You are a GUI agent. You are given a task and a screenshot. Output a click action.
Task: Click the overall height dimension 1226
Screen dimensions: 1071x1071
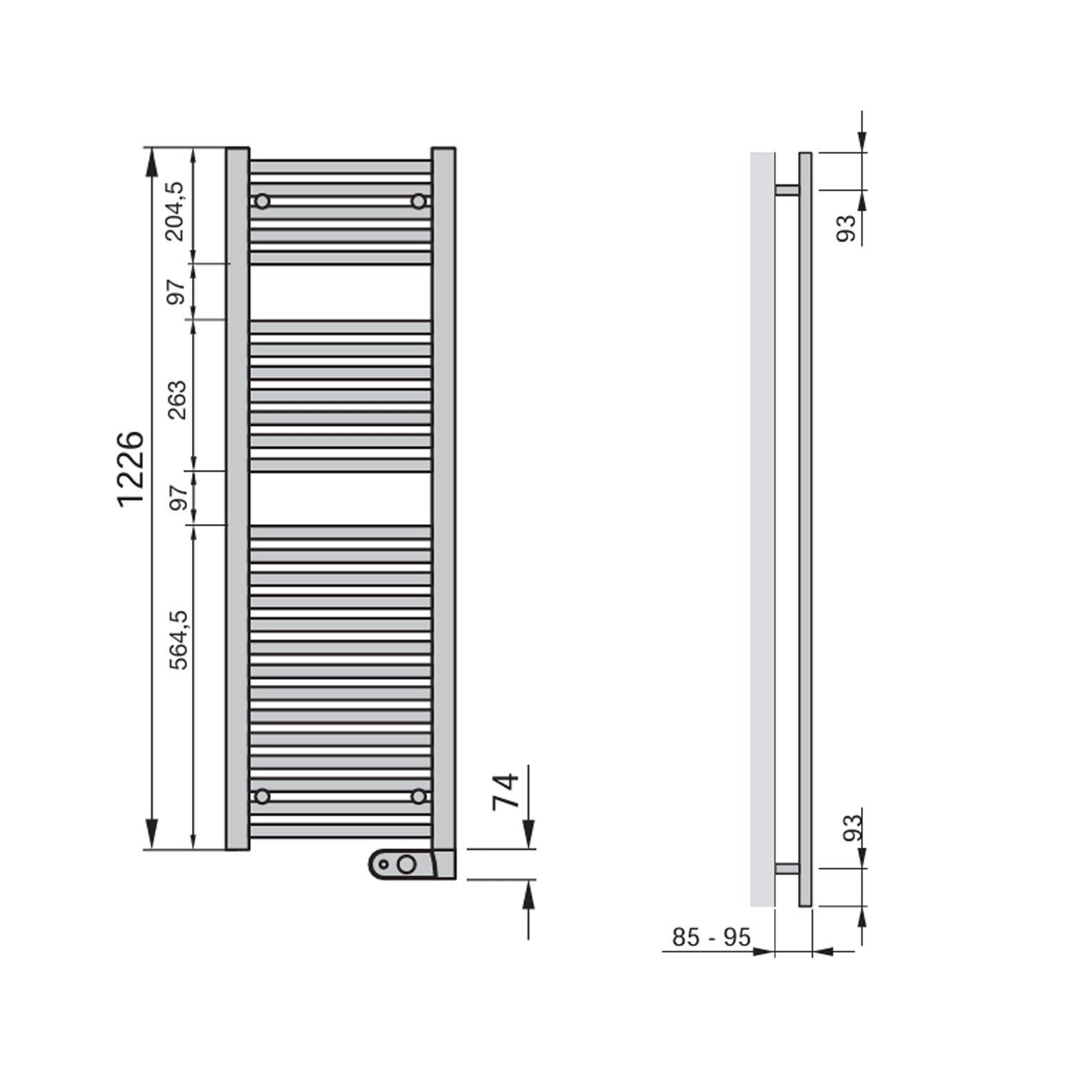131,470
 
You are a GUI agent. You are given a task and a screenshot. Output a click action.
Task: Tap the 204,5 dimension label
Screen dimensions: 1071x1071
175,211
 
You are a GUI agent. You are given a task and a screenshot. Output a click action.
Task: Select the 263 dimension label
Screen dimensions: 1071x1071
176,400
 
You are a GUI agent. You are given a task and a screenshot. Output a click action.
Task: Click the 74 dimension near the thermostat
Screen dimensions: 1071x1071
506,791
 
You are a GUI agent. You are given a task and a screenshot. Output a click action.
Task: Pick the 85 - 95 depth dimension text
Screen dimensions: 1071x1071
711,937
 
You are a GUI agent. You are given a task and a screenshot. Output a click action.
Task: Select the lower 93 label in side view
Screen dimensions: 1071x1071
853,828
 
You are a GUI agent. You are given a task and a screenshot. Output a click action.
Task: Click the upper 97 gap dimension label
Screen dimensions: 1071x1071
176,291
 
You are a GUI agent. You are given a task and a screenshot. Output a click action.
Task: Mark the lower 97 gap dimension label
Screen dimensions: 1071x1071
178,496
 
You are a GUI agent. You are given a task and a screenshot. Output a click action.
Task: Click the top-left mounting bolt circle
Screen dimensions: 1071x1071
262,201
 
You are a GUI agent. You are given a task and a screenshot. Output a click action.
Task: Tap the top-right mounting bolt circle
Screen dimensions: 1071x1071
418,201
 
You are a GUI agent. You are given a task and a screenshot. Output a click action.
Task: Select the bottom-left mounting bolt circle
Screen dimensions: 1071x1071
262,795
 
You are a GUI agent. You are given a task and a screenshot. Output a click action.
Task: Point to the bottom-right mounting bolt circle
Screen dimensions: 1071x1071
418,795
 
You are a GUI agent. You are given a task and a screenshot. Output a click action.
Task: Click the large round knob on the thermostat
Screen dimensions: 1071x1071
406,865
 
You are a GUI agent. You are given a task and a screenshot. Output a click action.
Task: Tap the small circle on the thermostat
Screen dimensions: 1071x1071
383,865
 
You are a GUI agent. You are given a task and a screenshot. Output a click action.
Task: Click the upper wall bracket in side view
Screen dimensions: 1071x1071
787,190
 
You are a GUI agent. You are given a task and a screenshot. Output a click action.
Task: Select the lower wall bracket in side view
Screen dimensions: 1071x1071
787,869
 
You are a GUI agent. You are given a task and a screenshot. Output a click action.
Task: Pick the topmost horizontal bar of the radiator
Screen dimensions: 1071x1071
340,167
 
